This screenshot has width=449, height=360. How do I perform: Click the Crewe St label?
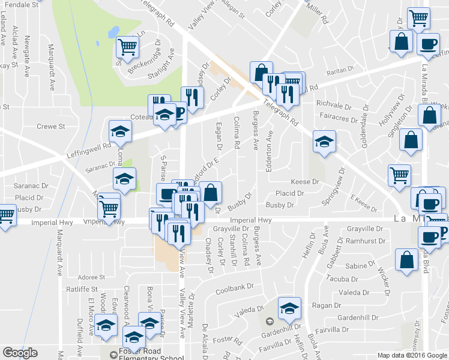pos(50,127)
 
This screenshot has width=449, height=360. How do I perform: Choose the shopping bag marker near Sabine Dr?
pos(407,260)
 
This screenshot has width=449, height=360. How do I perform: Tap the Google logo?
pos(20,353)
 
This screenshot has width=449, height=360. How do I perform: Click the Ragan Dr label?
pos(326,305)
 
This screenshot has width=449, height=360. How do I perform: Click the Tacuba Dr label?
pos(342,278)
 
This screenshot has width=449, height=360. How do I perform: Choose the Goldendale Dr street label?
pos(363,119)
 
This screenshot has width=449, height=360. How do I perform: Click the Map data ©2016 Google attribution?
pos(412,355)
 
